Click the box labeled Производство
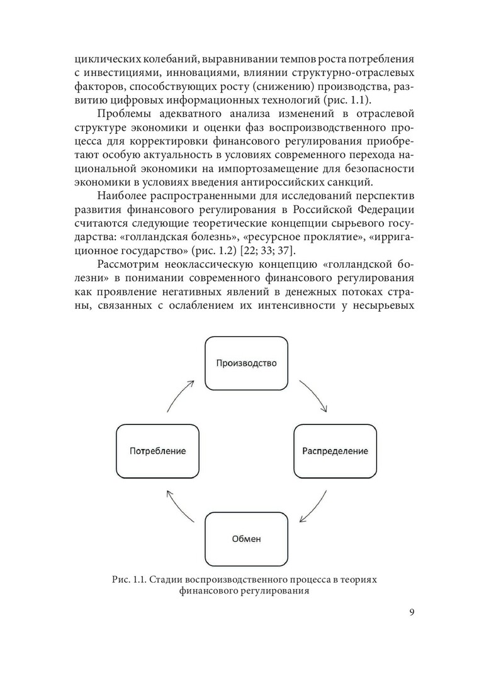pos(247,363)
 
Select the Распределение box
pos(335,451)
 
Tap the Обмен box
pos(247,539)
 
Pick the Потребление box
pos(158,451)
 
